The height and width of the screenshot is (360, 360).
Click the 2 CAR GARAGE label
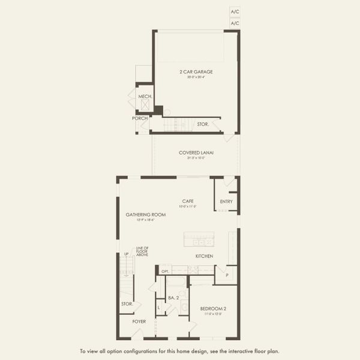pyautogui.click(x=196, y=72)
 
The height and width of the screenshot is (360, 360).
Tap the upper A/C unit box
pyautogui.click(x=235, y=11)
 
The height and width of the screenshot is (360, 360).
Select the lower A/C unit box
pyautogui.click(x=235, y=23)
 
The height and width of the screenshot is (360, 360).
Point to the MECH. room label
pyautogui.click(x=145, y=96)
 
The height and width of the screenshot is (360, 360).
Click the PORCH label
pyautogui.click(x=140, y=118)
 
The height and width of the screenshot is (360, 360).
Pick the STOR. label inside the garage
pyautogui.click(x=203, y=124)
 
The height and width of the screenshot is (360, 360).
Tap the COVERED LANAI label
pyautogui.click(x=196, y=152)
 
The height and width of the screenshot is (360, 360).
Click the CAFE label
pyautogui.click(x=188, y=202)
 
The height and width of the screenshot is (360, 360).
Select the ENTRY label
pyautogui.click(x=226, y=202)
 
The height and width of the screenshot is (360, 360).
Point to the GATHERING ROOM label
pyautogui.click(x=140, y=215)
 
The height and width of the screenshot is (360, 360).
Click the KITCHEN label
pyautogui.click(x=204, y=256)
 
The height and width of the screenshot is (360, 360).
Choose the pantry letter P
pyautogui.click(x=226, y=276)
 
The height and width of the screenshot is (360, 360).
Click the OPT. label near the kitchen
pyautogui.click(x=165, y=271)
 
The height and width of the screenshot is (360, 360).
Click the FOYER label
pyautogui.click(x=140, y=322)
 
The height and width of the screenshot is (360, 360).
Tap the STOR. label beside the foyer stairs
pyautogui.click(x=127, y=304)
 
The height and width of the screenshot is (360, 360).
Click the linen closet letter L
pyautogui.click(x=158, y=308)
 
